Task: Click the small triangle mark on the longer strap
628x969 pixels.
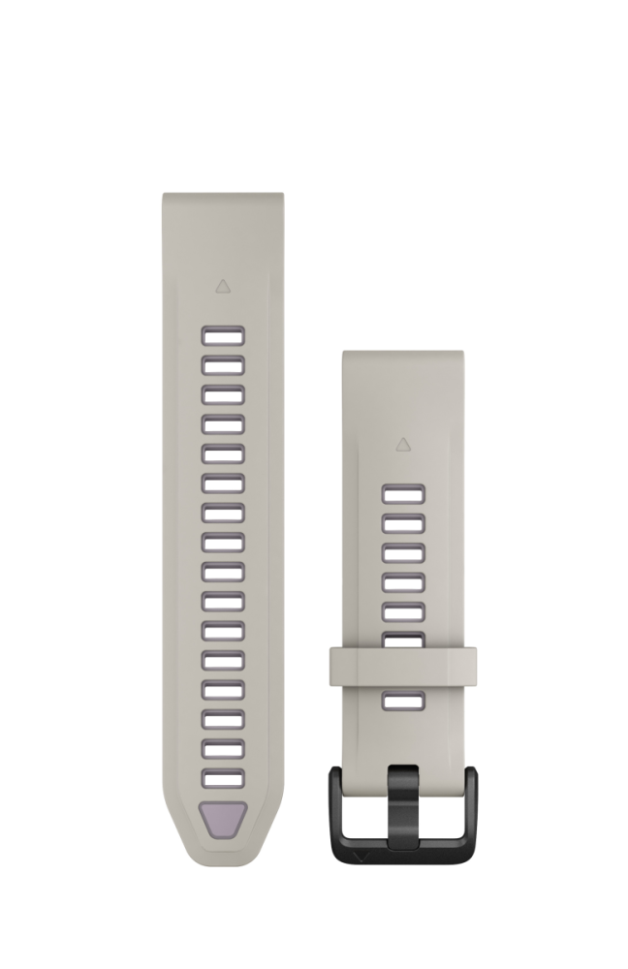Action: coord(223,286)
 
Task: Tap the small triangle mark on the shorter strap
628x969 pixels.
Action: coord(403,445)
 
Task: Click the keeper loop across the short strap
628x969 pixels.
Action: coord(402,666)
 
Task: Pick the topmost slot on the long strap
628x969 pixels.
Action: coord(223,335)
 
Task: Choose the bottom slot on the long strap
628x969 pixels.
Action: coord(223,778)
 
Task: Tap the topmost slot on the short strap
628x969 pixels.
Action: coord(403,495)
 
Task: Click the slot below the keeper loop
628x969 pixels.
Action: coord(403,703)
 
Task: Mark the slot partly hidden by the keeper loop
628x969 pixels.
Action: coord(403,639)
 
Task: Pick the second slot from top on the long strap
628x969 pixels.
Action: coord(223,365)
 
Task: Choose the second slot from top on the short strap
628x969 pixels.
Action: coord(403,524)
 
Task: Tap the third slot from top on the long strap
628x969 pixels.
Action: coord(223,394)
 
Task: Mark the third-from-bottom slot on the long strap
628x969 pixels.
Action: coord(223,719)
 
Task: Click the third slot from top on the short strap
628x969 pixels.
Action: coord(403,553)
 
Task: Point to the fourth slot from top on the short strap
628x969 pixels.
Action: coord(403,582)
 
